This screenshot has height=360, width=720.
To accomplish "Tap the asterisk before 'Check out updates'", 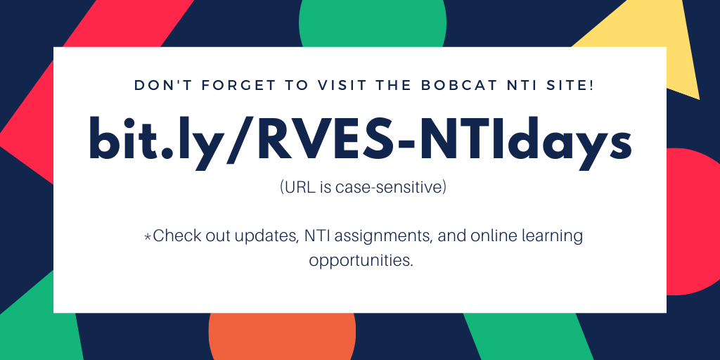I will [x=148, y=237].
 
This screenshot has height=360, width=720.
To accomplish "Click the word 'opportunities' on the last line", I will [x=359, y=260].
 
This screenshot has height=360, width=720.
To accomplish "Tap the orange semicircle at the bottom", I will [x=282, y=337].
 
